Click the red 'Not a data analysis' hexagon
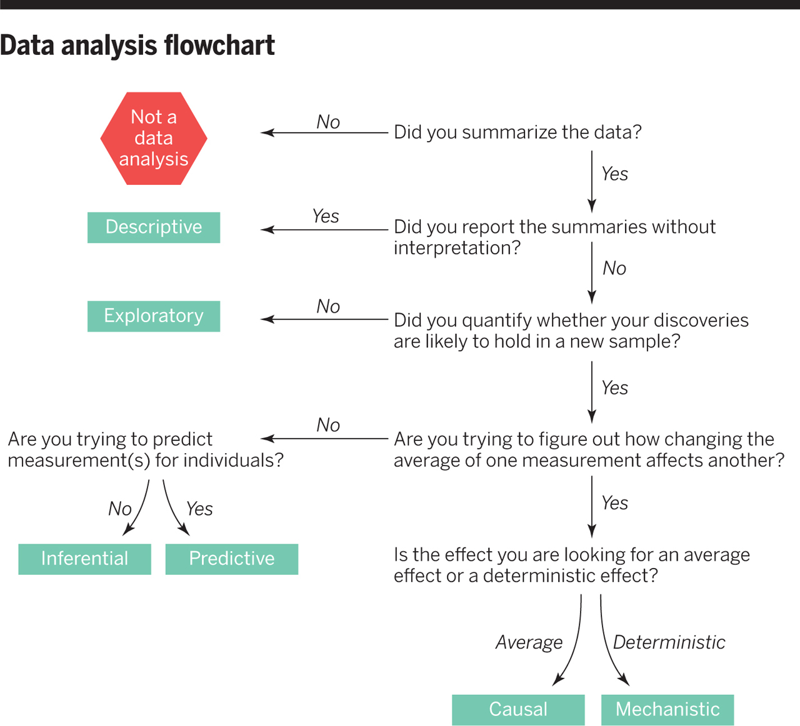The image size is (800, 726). pos(154,138)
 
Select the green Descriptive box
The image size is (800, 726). pos(154,227)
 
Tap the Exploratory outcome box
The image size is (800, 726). pos(154,316)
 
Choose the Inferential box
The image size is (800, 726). pos(84,559)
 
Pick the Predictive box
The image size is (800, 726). pos(232,559)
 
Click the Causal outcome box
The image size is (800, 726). pos(518,710)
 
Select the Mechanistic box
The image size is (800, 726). pos(667,710)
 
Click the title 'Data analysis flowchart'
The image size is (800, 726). pos(137,46)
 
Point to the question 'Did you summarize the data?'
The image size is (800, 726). pos(517,132)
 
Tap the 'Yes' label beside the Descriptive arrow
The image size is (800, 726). pos(326,216)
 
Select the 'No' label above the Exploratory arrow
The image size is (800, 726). pos(328,307)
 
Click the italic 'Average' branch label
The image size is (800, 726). pos(529,642)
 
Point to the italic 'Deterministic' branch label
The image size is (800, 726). pos(669,642)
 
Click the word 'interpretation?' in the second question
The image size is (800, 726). pos(457,248)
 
